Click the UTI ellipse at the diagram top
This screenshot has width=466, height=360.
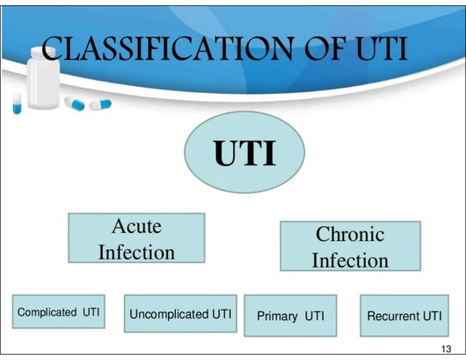[244, 153]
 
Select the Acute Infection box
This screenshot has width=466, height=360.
[136, 237]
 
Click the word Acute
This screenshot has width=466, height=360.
[136, 226]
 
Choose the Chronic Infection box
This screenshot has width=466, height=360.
[350, 246]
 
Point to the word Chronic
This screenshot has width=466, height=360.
[350, 234]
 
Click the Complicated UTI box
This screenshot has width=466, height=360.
[58, 312]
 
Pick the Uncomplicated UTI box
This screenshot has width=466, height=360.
[180, 314]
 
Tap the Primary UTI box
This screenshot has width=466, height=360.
[290, 315]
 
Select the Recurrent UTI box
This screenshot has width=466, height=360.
[404, 315]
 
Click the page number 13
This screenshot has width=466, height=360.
[448, 348]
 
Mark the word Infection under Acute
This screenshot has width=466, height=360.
[136, 252]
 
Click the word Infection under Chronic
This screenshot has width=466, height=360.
[350, 260]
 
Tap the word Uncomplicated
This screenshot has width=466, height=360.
[169, 314]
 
